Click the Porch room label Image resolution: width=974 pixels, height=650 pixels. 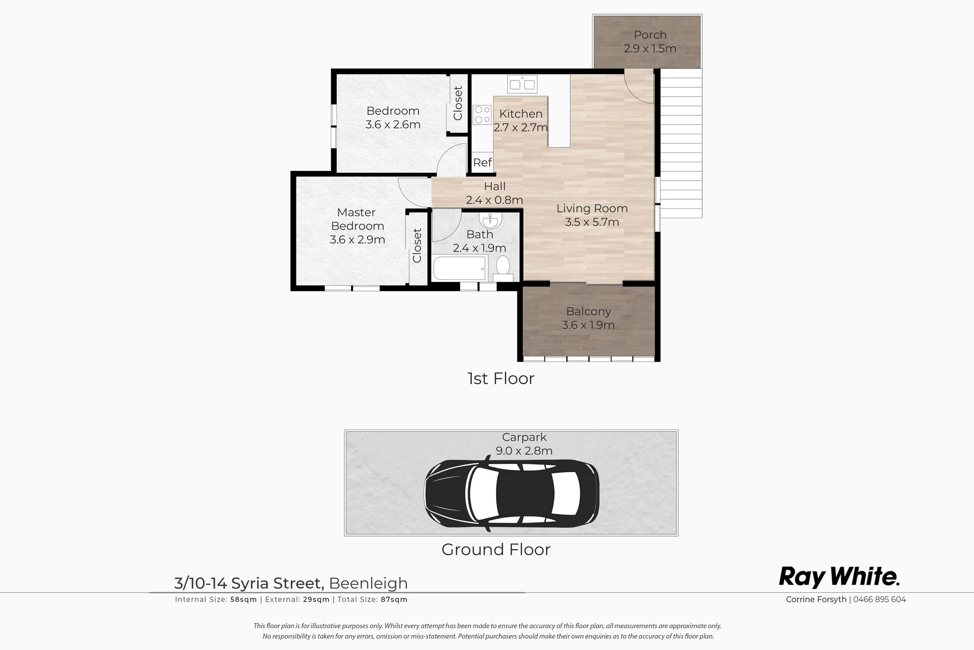pos(650,35)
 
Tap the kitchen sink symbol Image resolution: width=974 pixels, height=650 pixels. pos(522,84)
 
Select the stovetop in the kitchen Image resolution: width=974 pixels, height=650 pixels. pos(482,115)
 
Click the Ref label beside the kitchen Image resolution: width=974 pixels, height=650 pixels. pos(482,162)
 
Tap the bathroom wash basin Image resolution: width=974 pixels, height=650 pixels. pos(491,221)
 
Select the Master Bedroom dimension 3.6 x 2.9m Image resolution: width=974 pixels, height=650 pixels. pos(357,239)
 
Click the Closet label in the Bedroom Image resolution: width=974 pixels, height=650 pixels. pos(458,103)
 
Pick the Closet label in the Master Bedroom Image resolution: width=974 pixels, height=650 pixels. pos(417,245)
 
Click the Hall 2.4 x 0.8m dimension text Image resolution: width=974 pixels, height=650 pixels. pos(494,200)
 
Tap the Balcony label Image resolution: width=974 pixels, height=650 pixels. pos(588,311)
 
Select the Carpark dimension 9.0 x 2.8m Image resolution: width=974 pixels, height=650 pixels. pos(524,450)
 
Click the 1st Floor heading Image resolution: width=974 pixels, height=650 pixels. pos(501,378)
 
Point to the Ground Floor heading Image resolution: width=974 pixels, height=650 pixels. pos(496,549)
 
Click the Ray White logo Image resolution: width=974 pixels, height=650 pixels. pos(840,577)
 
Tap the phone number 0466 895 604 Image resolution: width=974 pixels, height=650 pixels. pos(880,599)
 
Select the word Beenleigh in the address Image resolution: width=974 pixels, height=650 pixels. pos(368,583)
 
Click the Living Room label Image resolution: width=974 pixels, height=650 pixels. pos(592,208)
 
